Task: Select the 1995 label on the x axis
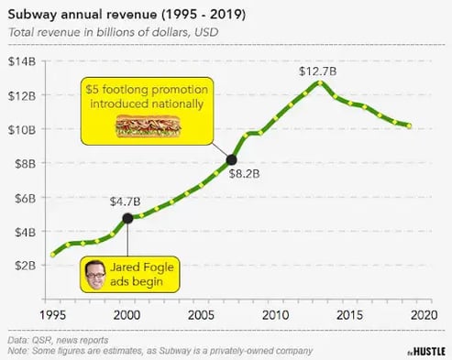(x=52, y=314)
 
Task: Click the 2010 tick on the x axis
(x=274, y=314)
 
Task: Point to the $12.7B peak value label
(x=317, y=71)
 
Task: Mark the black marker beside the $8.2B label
(x=231, y=160)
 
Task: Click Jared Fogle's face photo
(x=96, y=272)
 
